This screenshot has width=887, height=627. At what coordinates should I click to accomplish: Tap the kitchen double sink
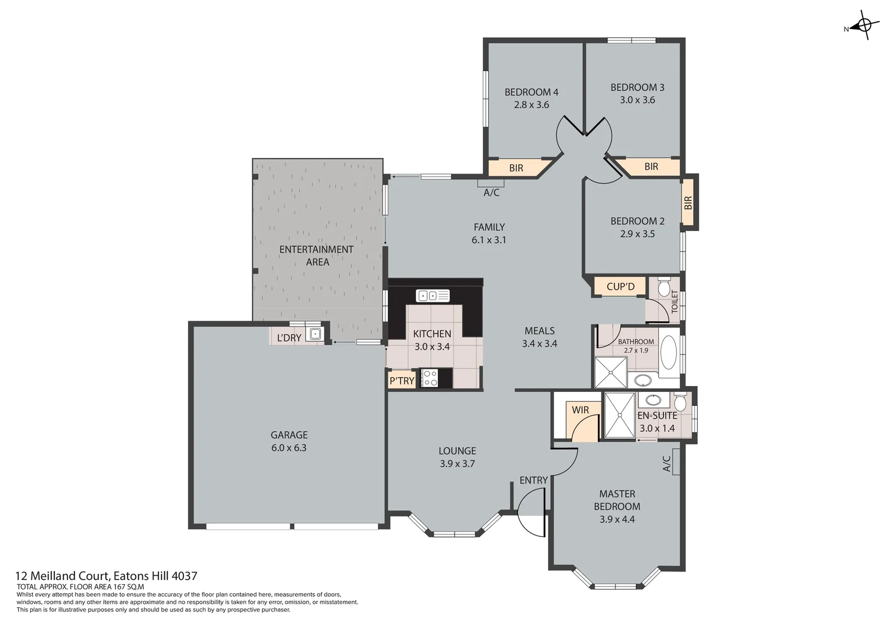click(432, 296)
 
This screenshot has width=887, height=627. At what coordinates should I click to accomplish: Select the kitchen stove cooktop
click(430, 379)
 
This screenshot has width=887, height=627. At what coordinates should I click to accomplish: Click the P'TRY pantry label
click(402, 381)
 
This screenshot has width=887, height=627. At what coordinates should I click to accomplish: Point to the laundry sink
click(315, 334)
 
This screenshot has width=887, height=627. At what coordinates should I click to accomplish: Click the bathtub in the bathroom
click(668, 352)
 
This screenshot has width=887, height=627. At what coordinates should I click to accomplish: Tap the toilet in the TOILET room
click(664, 286)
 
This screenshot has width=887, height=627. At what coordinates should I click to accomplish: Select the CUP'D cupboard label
click(620, 287)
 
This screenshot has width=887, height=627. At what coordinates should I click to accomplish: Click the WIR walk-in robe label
click(580, 410)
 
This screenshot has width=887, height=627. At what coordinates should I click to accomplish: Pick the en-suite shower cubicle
click(620, 416)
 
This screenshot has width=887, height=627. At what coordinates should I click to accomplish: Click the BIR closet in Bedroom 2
click(688, 203)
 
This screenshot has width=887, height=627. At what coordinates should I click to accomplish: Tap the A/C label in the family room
click(491, 193)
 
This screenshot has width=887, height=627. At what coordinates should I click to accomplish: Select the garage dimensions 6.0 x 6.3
click(289, 448)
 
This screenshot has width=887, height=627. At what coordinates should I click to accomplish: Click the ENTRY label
click(533, 480)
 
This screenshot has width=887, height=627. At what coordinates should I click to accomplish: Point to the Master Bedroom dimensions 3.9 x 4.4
click(616, 519)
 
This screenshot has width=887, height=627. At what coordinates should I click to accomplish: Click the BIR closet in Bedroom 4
click(516, 168)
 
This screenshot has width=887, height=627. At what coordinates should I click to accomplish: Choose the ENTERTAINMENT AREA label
click(316, 255)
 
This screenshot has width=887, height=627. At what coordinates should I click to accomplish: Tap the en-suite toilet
click(680, 402)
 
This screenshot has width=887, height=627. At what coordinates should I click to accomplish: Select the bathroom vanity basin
click(643, 381)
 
